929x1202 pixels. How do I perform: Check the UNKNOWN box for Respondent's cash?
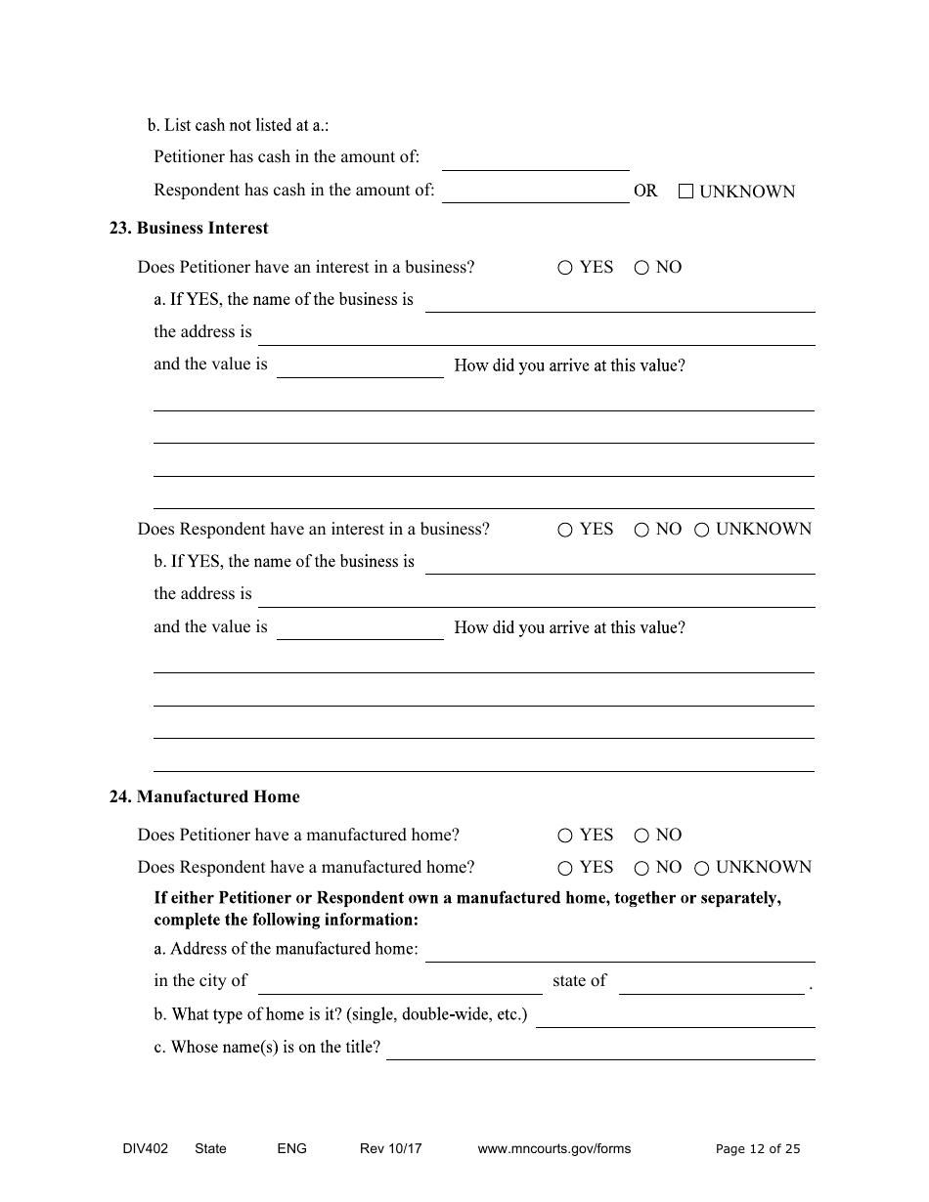pos(686,192)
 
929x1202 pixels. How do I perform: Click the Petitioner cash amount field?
pos(536,160)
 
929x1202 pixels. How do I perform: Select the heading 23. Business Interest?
pos(189,228)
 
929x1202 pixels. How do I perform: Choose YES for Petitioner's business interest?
pos(565,268)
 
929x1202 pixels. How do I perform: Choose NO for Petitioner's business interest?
pos(641,268)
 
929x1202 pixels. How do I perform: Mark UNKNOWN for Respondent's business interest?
pos(701,530)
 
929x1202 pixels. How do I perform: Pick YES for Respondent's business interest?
pos(565,530)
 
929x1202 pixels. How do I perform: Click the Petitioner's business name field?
pos(620,302)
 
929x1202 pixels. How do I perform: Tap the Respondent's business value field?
pos(360,629)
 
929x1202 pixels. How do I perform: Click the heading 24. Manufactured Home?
pos(204,796)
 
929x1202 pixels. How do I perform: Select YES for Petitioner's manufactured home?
pos(565,836)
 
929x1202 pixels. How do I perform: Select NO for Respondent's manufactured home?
pos(641,868)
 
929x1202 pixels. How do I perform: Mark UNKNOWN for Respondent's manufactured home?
pos(701,868)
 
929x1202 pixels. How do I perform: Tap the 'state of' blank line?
pos(712,984)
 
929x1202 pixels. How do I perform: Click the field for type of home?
pos(675,1017)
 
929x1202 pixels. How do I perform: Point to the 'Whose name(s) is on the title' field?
pos(600,1050)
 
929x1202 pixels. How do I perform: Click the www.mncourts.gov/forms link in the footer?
pos(554,1148)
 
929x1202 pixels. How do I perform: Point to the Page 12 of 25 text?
pos(758,1148)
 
